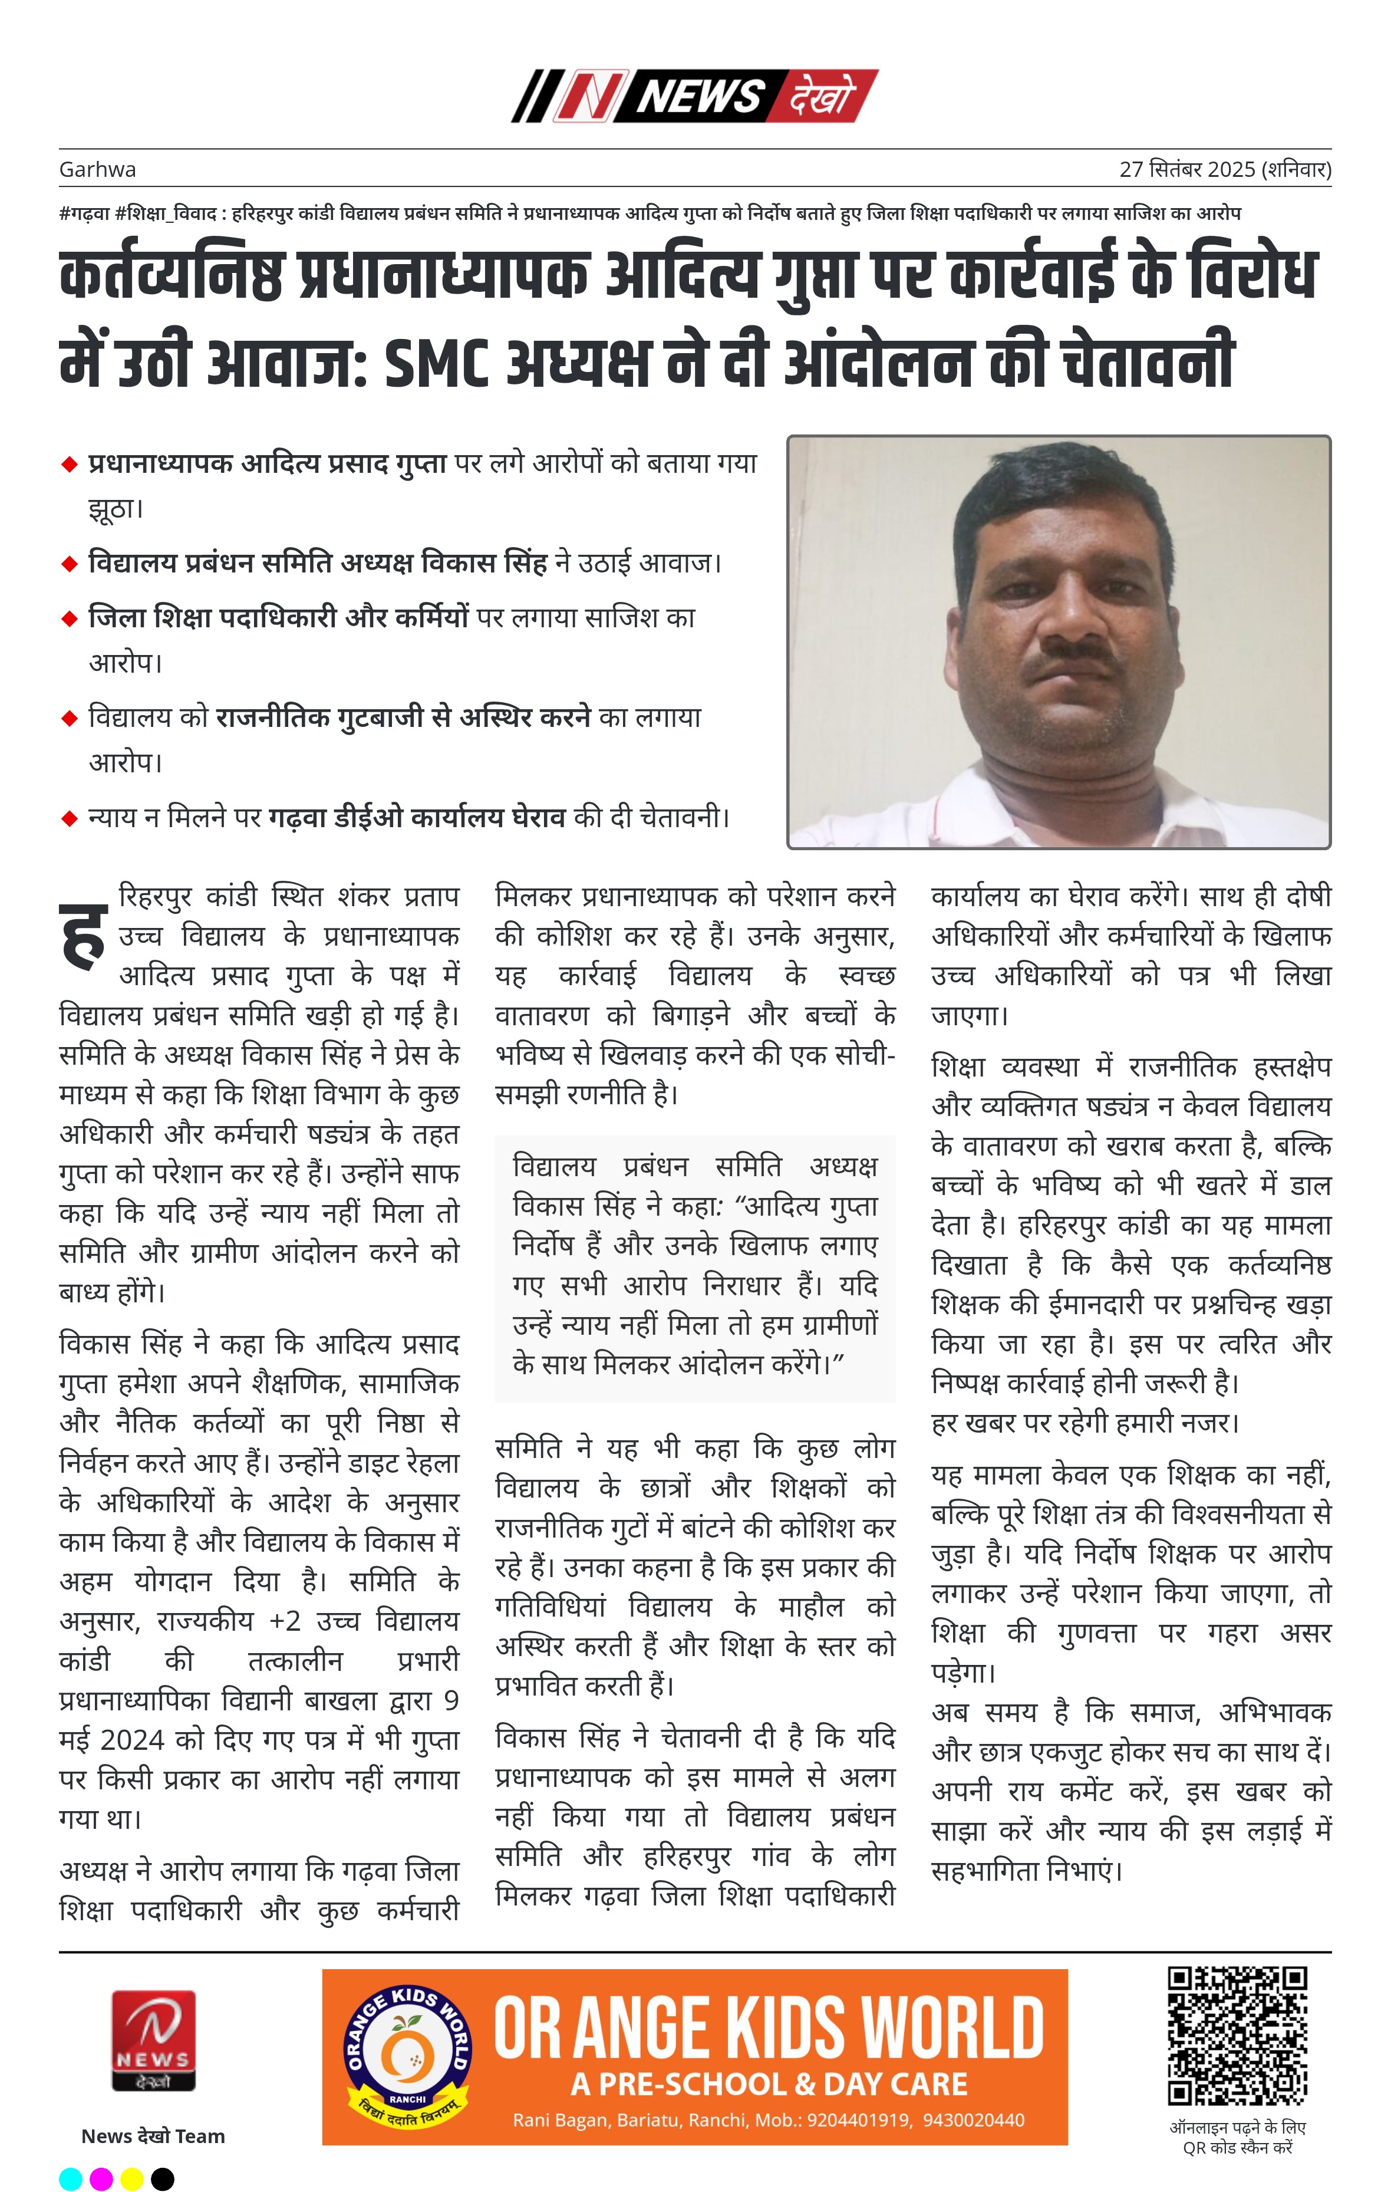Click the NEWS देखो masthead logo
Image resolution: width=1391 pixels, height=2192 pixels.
pyautogui.click(x=694, y=96)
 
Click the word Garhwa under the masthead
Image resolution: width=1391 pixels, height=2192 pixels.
pyautogui.click(x=97, y=169)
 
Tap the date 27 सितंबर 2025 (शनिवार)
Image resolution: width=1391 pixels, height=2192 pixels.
pyautogui.click(x=1224, y=169)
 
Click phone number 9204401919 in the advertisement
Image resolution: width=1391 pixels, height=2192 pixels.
pyautogui.click(x=858, y=2120)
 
